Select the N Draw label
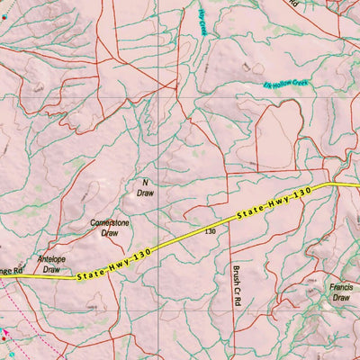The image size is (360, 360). (145, 187)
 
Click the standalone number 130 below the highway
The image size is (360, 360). (210, 231)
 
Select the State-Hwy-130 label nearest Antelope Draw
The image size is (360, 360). (112, 264)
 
